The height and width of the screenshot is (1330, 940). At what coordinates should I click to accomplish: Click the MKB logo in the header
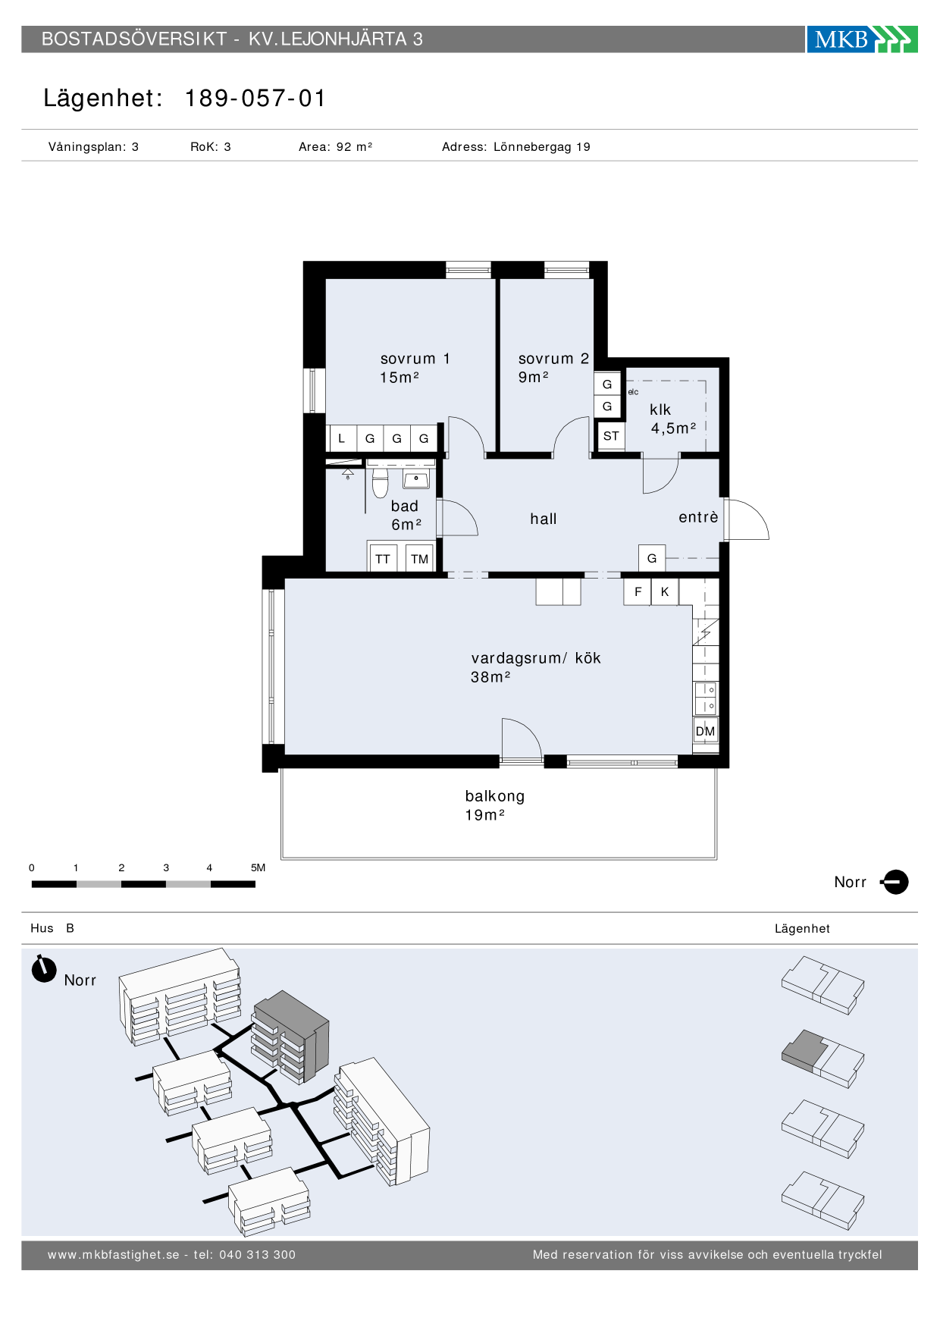pos(862,39)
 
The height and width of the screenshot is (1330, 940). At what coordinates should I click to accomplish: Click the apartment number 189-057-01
pos(255,99)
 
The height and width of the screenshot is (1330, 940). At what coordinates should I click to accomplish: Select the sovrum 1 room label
pos(415,368)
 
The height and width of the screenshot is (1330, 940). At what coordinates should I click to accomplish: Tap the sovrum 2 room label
pos(553,368)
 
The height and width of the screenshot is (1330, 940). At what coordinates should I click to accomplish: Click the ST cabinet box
pos(611,436)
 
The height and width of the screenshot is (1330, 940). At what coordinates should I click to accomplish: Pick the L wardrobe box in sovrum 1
pos(342,438)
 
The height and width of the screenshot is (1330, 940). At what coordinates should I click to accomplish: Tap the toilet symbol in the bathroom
pos(381,481)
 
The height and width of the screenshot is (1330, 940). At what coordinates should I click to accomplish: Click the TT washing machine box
pos(383,559)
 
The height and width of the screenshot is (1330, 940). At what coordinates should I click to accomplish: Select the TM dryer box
pos(420,559)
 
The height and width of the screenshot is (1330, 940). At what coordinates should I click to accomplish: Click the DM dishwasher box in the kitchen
pos(706,731)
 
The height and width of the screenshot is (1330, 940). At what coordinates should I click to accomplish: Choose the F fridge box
pos(638,591)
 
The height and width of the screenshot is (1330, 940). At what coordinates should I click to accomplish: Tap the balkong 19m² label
pos(495,805)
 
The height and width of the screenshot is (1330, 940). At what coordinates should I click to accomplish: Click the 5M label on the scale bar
pos(258,867)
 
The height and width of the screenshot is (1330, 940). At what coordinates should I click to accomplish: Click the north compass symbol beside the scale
pos(895,882)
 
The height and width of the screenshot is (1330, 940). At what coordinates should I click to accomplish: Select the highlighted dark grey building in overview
pos(291,1036)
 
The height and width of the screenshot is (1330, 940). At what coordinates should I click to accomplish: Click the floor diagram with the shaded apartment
pos(823,1059)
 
